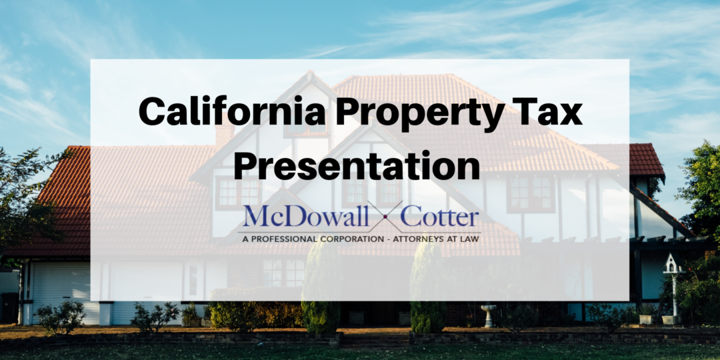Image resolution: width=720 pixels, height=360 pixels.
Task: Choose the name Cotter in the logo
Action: (444, 217)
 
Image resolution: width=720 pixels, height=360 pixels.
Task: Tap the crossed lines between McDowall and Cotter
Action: (387, 217)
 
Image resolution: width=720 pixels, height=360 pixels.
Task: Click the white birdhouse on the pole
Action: (673, 265)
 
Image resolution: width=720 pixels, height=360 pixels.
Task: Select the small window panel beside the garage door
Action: (193, 280)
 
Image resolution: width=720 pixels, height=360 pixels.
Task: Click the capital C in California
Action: (151, 112)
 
